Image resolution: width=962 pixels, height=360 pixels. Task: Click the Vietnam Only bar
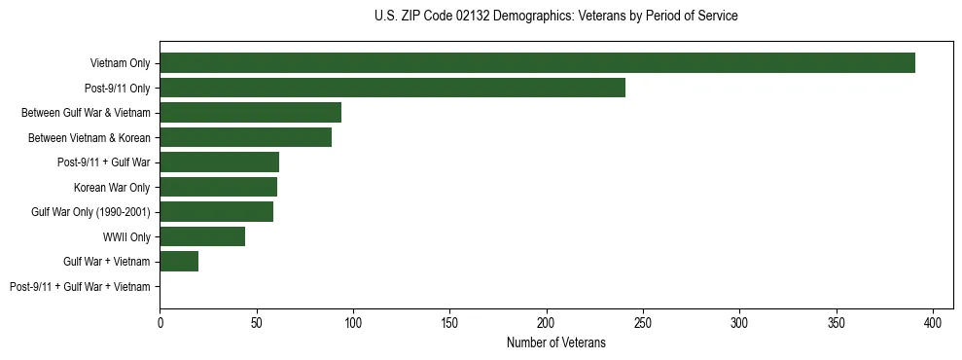point(537,63)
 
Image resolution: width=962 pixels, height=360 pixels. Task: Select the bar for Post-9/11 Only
point(392,88)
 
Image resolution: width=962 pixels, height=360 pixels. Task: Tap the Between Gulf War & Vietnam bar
point(250,113)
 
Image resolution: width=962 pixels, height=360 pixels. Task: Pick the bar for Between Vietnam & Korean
point(245,137)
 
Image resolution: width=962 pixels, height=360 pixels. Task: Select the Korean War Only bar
point(218,187)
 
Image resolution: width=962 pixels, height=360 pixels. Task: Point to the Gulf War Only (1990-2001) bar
point(216,212)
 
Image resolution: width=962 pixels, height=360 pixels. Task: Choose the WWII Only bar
point(202,236)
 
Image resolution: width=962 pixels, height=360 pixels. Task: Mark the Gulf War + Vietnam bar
point(179,262)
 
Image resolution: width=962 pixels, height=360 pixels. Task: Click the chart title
point(555,17)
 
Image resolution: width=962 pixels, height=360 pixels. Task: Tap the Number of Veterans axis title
point(555,342)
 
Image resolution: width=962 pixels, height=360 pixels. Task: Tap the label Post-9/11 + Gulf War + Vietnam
point(80,287)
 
